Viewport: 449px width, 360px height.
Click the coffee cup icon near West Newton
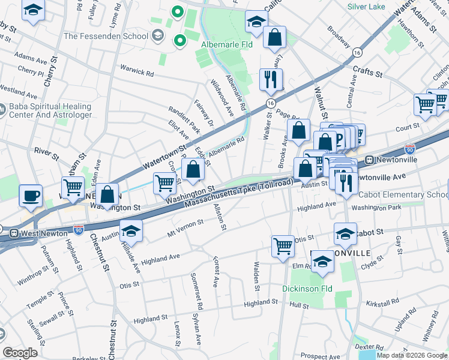tap(31, 195)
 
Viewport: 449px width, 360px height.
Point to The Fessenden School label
tap(106, 36)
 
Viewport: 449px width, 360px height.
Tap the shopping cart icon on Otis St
tap(283, 245)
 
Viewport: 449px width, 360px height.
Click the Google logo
tap(20, 353)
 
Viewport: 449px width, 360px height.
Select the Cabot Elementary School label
tap(403, 195)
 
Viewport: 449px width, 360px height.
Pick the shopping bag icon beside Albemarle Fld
tap(274, 37)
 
